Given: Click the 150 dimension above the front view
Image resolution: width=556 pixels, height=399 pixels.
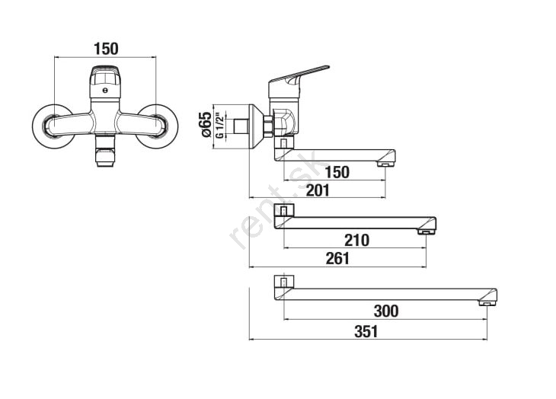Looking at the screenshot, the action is [x=106, y=49].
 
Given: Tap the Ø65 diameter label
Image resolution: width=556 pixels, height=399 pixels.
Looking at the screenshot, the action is [x=206, y=124].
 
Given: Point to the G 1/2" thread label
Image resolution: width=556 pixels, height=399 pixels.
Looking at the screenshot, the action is [x=220, y=126].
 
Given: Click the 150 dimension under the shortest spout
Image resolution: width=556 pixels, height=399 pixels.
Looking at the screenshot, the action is [x=337, y=172].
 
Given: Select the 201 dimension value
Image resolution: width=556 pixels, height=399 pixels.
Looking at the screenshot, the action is [x=318, y=190].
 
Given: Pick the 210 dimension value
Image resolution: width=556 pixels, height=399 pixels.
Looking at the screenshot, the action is [x=356, y=241].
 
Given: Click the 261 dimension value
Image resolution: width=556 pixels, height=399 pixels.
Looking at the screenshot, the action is [x=337, y=258].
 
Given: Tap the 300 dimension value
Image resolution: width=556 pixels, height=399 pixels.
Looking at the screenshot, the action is [x=386, y=311].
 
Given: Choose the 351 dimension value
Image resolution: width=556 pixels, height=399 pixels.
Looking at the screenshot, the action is [x=366, y=332].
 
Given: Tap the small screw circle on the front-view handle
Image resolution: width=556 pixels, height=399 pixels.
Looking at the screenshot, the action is [x=104, y=91].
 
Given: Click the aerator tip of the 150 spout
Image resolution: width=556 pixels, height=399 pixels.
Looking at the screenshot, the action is [x=385, y=164].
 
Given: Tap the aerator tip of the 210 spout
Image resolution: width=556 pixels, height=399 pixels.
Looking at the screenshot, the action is [x=427, y=232].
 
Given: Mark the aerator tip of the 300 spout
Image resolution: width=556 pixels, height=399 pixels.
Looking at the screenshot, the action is [x=487, y=303].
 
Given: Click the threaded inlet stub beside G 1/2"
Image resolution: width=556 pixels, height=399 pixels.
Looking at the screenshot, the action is [x=241, y=127].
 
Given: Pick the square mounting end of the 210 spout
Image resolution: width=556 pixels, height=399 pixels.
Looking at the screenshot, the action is [x=284, y=211].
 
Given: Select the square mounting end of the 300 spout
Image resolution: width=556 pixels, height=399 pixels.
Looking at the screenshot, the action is [x=284, y=282].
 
